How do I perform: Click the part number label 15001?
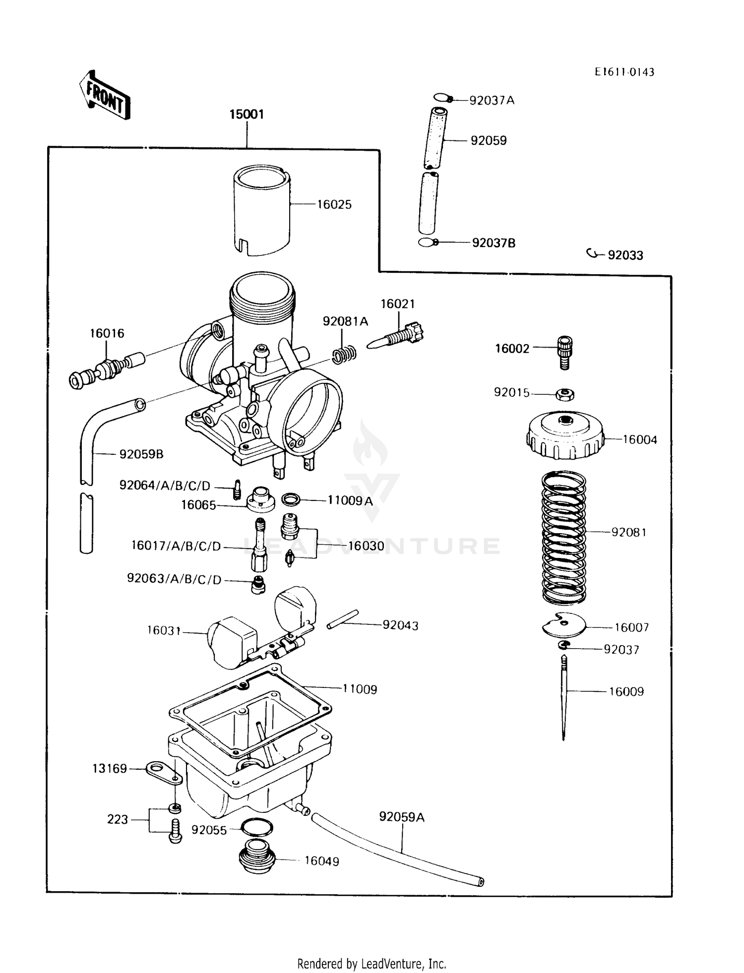[247, 115]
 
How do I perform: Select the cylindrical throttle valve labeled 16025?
[261, 211]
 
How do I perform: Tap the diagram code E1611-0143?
[624, 72]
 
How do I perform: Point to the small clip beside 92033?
[592, 254]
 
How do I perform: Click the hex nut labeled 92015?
[565, 394]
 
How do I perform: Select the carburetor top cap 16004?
[565, 435]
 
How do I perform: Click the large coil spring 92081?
[563, 538]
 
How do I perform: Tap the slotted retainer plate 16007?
[564, 625]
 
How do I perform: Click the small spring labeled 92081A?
[344, 354]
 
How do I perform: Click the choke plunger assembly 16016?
[104, 370]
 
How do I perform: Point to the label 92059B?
[141, 454]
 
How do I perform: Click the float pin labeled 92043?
[342, 620]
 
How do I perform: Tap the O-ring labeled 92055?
[256, 827]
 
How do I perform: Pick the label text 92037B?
[494, 243]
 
